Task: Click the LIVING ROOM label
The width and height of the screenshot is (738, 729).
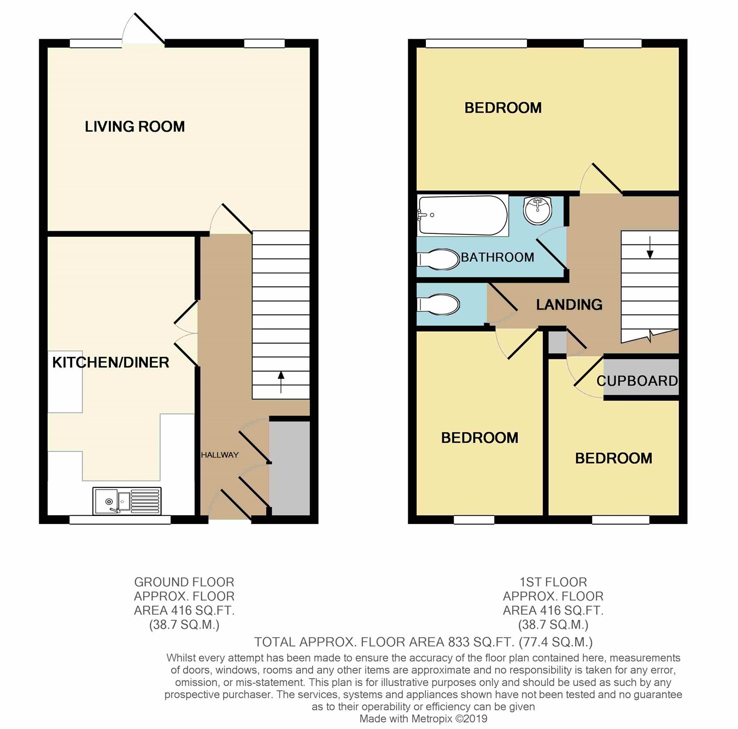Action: [x=135, y=126]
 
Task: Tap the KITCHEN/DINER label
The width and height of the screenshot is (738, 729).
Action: [x=110, y=362]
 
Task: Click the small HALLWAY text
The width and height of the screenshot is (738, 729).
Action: [x=220, y=455]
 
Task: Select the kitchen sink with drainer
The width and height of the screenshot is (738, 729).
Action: [x=127, y=501]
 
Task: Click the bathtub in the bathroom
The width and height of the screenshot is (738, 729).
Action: [x=463, y=215]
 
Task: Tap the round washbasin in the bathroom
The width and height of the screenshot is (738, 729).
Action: [x=537, y=210]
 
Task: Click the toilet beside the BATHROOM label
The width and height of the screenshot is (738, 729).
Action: [x=438, y=260]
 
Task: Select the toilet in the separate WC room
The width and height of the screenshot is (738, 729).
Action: [x=438, y=305]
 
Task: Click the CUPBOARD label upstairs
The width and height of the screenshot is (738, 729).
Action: [x=637, y=380]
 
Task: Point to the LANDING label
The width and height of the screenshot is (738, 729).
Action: [x=569, y=304]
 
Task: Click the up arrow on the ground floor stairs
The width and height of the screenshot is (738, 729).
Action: [x=281, y=382]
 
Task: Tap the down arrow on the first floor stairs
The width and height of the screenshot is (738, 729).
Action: [x=650, y=248]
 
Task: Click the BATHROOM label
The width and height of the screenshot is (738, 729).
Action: [x=497, y=257]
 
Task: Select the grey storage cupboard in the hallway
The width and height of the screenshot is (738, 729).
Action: [x=290, y=468]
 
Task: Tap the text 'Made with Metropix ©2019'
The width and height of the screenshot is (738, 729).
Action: [x=424, y=718]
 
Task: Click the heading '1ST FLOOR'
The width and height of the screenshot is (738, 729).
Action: [x=553, y=582]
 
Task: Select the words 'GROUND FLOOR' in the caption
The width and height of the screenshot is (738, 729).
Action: [x=184, y=582]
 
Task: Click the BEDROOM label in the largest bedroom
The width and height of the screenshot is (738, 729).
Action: [x=503, y=108]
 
